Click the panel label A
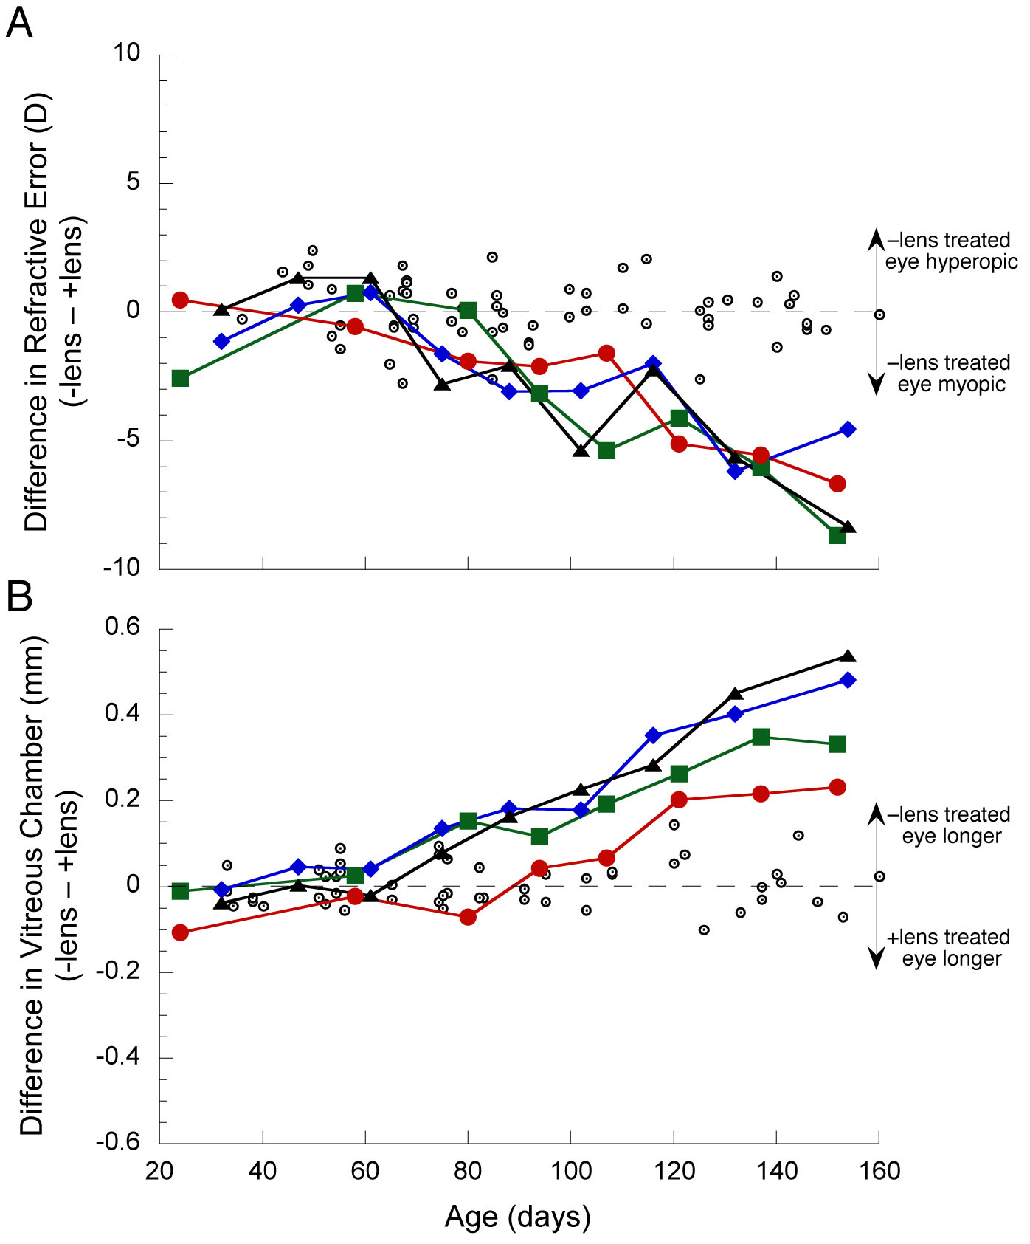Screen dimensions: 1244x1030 pos(19,24)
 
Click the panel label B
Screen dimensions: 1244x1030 pos(19,596)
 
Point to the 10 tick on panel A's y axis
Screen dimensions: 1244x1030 pos(127,53)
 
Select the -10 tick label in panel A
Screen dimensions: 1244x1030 pos(121,568)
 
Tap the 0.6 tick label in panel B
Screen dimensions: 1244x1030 pos(122,628)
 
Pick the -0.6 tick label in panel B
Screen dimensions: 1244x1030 pos(118,1141)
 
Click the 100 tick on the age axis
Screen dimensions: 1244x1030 pos(570,1171)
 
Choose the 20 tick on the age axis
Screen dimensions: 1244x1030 pos(159,1171)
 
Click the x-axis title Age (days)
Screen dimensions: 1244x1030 pos(518,1217)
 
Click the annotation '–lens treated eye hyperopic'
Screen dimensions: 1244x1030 pos(951,251)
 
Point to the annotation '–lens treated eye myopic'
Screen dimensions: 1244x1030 pos(951,374)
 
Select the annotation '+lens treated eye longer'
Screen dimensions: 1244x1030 pos(951,948)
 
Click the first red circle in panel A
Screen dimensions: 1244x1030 pos(180,300)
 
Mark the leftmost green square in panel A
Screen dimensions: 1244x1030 pos(180,379)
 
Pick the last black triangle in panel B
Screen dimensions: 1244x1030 pos(848,656)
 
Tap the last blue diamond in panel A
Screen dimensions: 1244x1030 pos(848,429)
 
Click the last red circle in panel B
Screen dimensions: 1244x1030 pos(837,787)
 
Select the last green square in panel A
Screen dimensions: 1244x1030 pos(837,535)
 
